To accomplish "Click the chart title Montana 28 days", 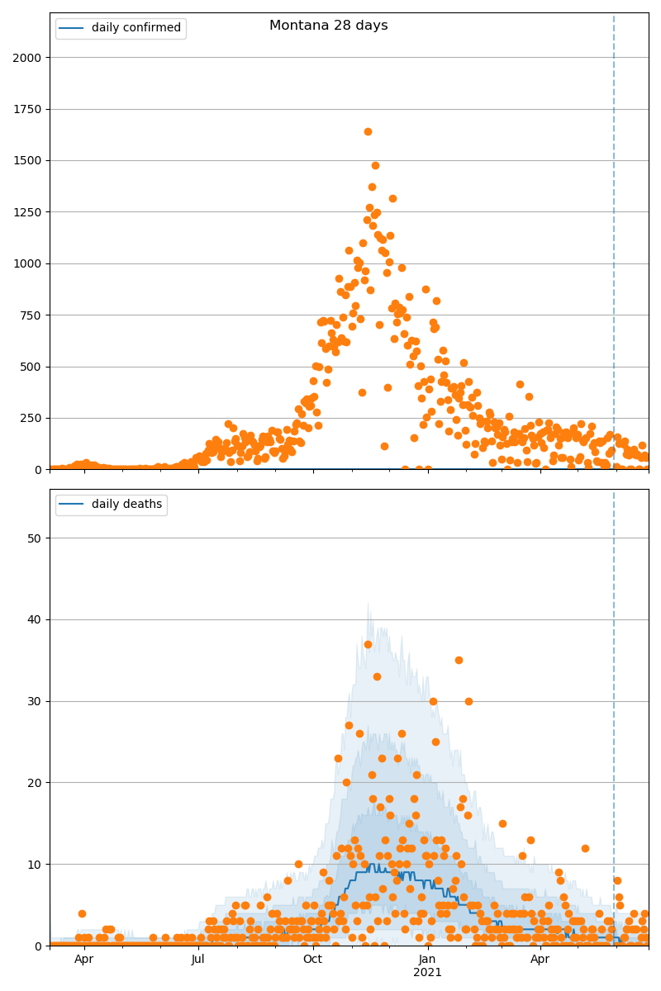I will tap(328, 26).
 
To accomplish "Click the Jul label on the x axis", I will tap(198, 960).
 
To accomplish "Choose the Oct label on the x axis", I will tap(312, 960).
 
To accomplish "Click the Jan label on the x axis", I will tap(427, 960).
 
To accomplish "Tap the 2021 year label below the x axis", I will tap(427, 973).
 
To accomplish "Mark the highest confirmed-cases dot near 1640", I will tap(368, 131).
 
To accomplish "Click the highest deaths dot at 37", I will tap(368, 644).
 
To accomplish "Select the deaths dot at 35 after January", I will tap(459, 661).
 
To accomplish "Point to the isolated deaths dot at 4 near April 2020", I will tap(82, 913).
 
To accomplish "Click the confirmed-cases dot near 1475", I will tap(375, 165).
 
